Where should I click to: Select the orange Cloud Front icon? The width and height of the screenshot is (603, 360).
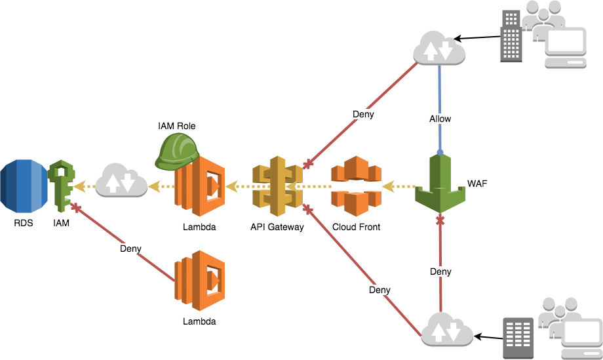[355, 186]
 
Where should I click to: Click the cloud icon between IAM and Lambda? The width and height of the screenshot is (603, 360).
[121, 180]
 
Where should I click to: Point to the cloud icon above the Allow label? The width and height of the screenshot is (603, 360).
[439, 49]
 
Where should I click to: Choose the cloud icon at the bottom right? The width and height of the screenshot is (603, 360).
[448, 329]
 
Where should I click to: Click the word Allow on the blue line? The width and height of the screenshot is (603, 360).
[440, 119]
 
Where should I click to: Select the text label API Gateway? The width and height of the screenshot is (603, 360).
[277, 227]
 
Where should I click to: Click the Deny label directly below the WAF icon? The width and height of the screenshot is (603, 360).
[440, 271]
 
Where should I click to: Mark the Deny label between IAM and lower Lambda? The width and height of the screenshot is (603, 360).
[130, 249]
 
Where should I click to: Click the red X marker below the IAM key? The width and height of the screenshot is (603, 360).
[75, 209]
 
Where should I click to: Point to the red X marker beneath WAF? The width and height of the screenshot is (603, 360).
[440, 220]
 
